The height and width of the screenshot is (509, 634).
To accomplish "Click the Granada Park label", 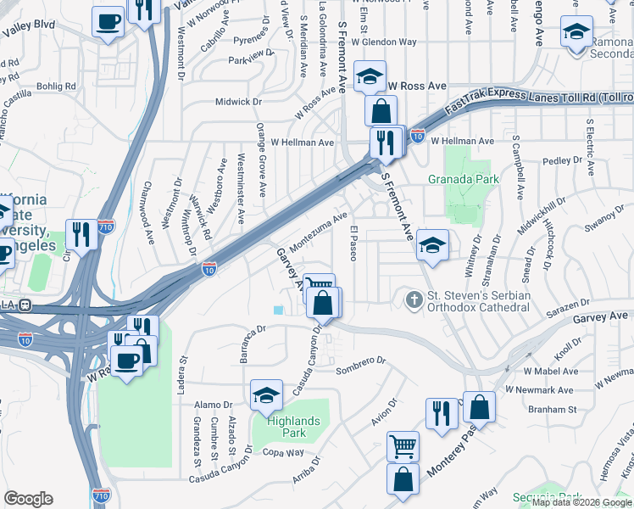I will pyautogui.click(x=463, y=179).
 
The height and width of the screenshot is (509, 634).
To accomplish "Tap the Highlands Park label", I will pyautogui.click(x=293, y=427).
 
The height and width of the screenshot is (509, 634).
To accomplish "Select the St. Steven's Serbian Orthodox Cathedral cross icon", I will pyautogui.click(x=414, y=299).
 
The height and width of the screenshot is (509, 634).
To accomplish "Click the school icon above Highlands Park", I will pyautogui.click(x=266, y=394).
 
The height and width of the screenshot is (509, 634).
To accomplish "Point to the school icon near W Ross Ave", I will pyautogui.click(x=370, y=77).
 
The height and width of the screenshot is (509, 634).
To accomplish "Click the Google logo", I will pyautogui.click(x=28, y=499).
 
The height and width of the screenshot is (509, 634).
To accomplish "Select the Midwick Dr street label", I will pyautogui.click(x=239, y=102).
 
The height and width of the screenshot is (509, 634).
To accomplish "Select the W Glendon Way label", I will pyautogui.click(x=384, y=41).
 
